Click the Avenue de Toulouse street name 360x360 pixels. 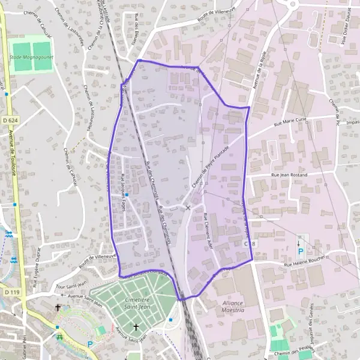pos(12,155)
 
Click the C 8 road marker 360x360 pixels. pos(250,244)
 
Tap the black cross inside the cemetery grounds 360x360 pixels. pos(136,327)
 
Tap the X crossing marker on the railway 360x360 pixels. pos(188,208)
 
